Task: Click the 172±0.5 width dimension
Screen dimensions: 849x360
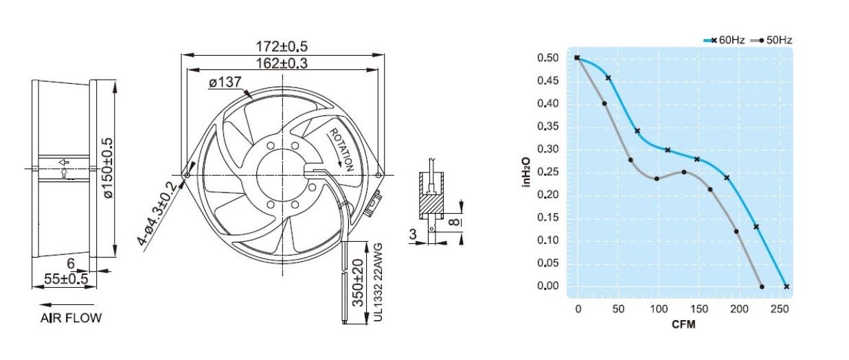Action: (x=282, y=46)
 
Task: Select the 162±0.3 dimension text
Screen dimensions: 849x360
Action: (x=282, y=63)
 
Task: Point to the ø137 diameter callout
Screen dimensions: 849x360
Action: (x=225, y=82)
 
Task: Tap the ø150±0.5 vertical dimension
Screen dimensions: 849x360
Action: (x=108, y=168)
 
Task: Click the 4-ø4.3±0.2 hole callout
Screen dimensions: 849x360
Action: (x=157, y=214)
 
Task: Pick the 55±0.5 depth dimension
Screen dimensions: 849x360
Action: (x=66, y=280)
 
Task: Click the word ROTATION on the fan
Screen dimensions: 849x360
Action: (x=341, y=150)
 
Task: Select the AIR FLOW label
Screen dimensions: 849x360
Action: (x=71, y=318)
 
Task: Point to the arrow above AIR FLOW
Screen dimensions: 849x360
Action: (x=67, y=304)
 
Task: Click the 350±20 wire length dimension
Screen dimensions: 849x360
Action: (x=358, y=282)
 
